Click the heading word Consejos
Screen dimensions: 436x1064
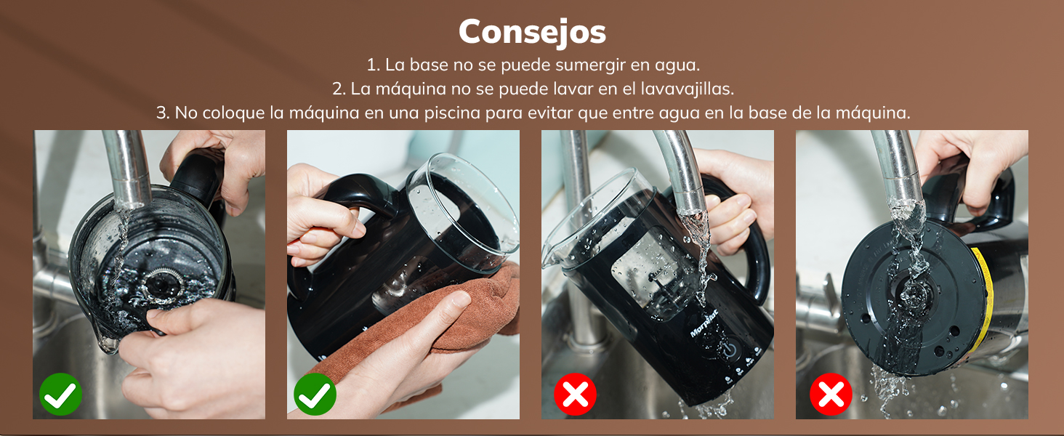532,31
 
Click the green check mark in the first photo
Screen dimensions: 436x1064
61,395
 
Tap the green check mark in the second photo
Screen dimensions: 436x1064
315,395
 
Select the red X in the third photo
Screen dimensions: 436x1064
575,395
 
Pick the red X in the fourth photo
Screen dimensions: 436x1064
831,395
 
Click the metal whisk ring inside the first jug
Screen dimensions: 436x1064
158,284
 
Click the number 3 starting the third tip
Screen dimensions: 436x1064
161,113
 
